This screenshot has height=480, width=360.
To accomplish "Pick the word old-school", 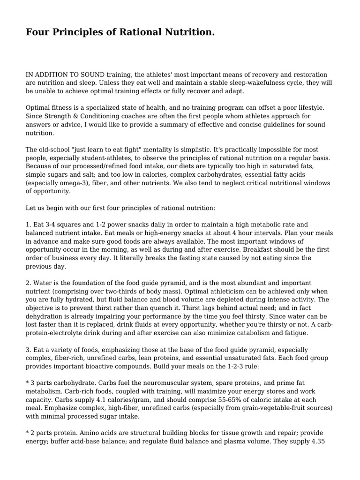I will click(x=59, y=150).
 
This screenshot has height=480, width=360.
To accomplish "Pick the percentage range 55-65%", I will click(x=199, y=399).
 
